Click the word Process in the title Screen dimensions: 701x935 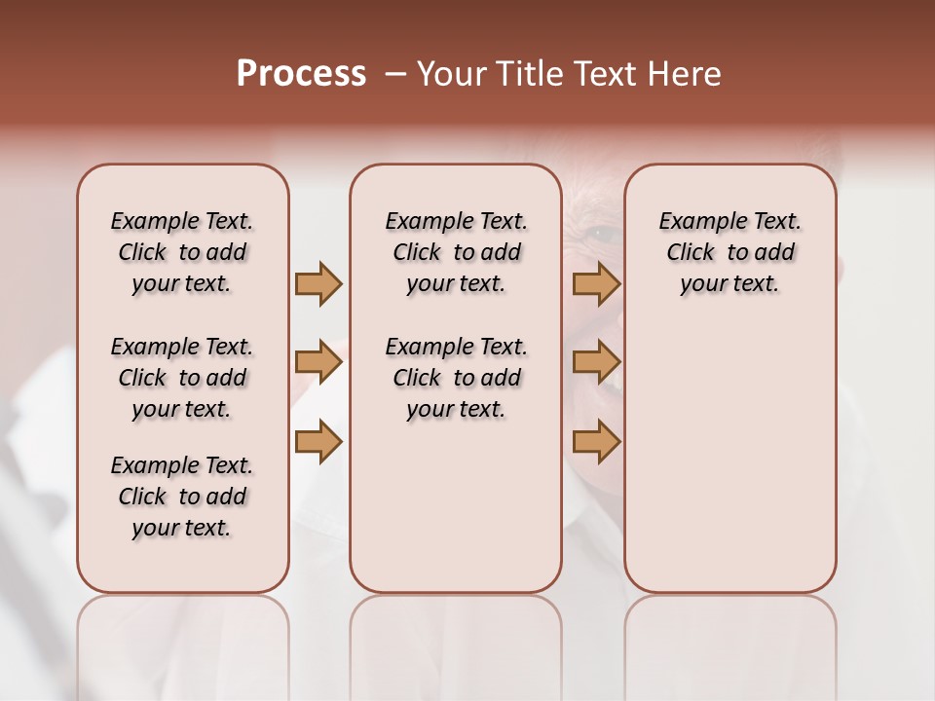tap(301, 74)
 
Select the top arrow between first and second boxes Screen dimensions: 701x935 tap(318, 283)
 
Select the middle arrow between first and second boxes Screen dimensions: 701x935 tap(318, 362)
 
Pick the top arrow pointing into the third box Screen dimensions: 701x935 tap(596, 283)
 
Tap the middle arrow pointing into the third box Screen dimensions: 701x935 tap(596, 362)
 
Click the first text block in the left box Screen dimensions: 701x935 tap(182, 252)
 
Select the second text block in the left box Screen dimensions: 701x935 tap(182, 378)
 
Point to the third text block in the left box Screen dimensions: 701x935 tap(182, 497)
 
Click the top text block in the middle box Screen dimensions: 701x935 tap(456, 252)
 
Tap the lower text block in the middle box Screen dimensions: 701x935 tap(456, 378)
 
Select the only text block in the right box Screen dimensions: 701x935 tap(729, 252)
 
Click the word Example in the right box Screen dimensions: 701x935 tap(697, 222)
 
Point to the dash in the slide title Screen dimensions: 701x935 tap(395, 74)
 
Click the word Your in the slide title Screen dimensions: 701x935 tap(451, 74)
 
